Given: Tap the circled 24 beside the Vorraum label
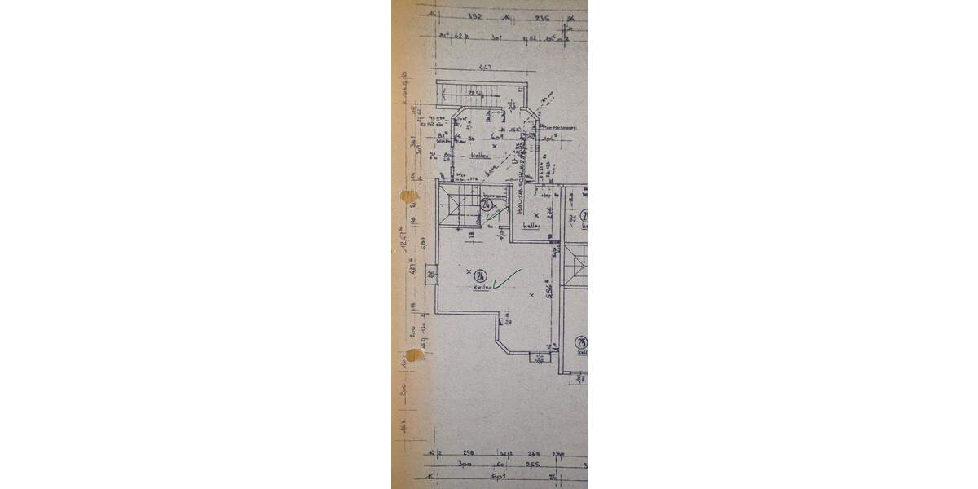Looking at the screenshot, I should (x=486, y=204).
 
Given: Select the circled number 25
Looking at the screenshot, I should (x=581, y=343).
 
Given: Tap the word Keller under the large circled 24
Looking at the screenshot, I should (x=480, y=288).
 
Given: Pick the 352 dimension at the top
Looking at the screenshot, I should (x=475, y=15).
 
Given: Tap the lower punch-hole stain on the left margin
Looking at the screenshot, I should (x=415, y=355).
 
